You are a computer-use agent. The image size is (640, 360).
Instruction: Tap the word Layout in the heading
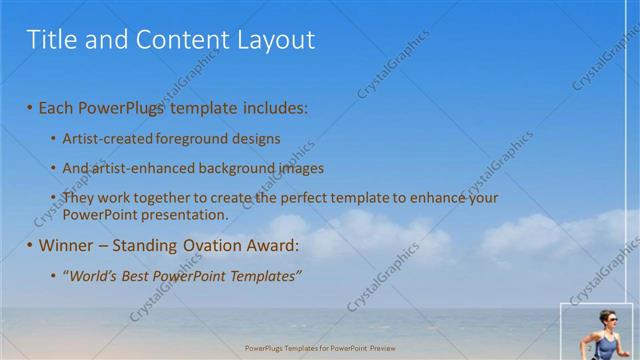274,40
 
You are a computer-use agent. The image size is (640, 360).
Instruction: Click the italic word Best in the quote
141,275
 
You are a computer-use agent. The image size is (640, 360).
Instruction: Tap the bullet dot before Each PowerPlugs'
30,106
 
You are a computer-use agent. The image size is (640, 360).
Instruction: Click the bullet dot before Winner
30,245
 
